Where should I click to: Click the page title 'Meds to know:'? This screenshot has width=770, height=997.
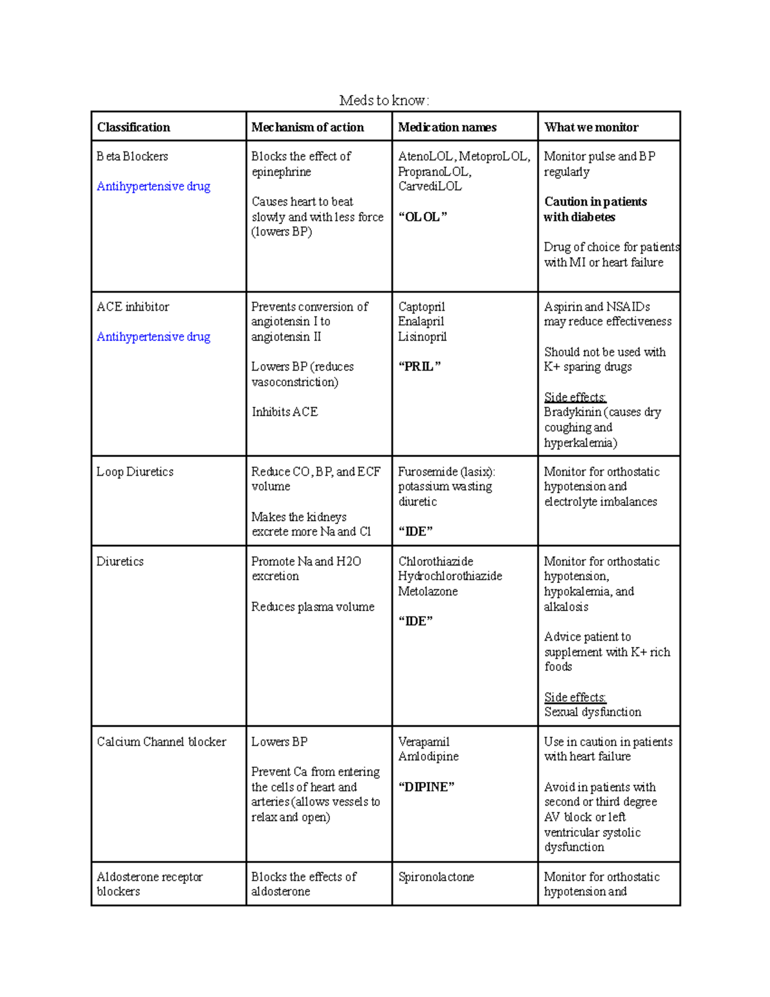point(384,100)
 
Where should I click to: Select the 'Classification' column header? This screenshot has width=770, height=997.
point(133,127)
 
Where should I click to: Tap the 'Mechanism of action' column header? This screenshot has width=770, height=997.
point(307,127)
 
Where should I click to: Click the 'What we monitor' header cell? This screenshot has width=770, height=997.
point(591,127)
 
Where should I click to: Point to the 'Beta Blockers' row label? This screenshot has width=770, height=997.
point(132,156)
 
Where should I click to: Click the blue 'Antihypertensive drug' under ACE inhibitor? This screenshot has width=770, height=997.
point(153,336)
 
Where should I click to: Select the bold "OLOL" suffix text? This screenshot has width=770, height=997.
point(422,217)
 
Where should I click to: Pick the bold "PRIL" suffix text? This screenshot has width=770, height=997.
point(420,367)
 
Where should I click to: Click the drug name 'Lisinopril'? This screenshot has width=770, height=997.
point(422,336)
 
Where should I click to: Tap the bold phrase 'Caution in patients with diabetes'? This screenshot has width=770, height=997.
point(595,209)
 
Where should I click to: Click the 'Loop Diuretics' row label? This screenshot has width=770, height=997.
point(135,472)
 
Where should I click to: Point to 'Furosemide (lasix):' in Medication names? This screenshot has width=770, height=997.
point(446,472)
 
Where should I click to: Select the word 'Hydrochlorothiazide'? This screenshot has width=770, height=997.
point(450,576)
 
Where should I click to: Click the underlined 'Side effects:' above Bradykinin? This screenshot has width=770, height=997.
point(575,397)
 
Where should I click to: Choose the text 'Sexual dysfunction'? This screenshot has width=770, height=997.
point(592,712)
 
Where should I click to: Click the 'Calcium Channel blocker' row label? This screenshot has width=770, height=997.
point(161,741)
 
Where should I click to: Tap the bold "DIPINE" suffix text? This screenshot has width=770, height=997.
point(426,787)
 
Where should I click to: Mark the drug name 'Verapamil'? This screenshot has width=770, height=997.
point(424,741)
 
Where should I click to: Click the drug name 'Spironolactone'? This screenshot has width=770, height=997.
point(436,877)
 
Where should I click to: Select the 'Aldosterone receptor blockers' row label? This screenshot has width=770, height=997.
point(149,884)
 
